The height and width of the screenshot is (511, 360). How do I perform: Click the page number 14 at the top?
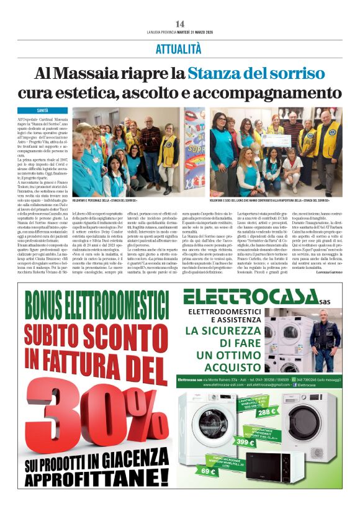(x=180, y=23)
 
